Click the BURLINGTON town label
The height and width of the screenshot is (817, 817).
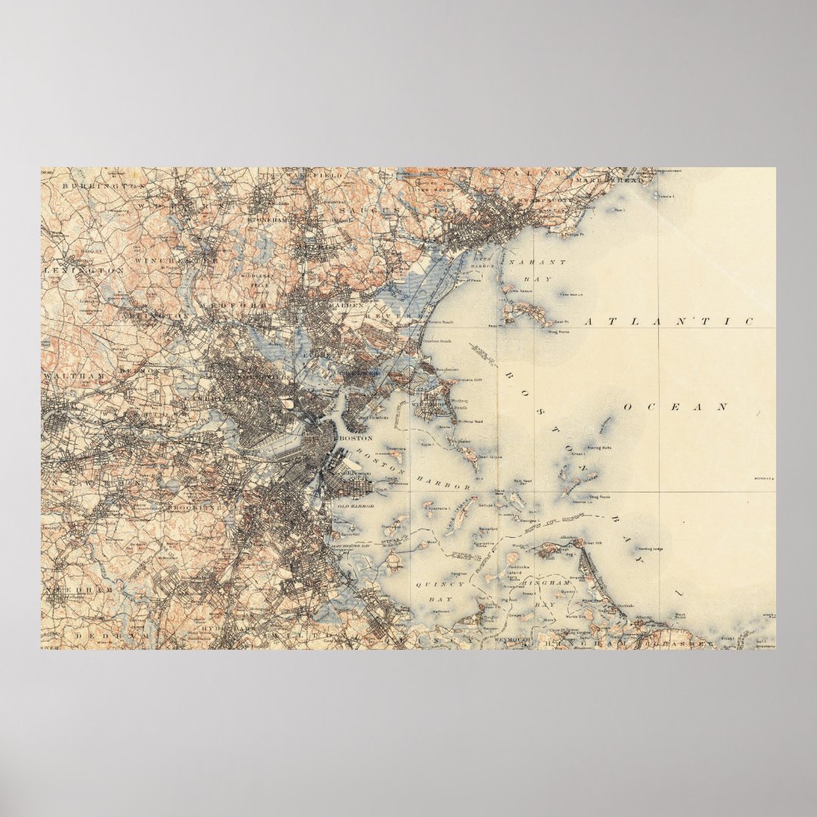tap(104, 185)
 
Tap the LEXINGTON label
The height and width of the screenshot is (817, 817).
tap(84, 269)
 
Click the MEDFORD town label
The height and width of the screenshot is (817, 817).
tap(245, 305)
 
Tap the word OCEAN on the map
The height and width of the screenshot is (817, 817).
tap(676, 407)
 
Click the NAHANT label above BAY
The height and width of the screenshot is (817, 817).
tap(537, 262)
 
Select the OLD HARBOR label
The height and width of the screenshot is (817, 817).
tap(356, 505)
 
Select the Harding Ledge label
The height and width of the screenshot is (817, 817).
tap(649, 550)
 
